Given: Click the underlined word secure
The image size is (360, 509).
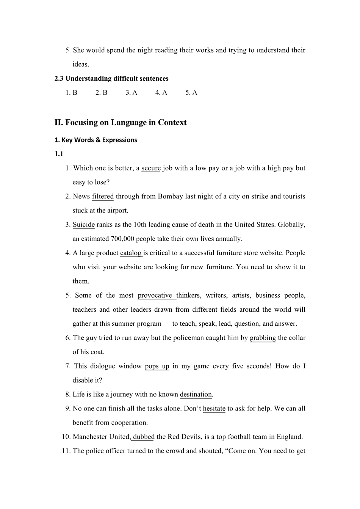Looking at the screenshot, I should tap(151, 168).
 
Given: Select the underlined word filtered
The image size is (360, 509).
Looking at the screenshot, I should tap(103, 197).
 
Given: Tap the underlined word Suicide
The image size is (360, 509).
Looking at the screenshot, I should tap(84, 225).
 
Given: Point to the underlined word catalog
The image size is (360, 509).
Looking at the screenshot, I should tap(131, 253).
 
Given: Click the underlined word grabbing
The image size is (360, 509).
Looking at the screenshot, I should tap(263, 338).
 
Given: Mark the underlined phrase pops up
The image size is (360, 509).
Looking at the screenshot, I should tap(157, 366).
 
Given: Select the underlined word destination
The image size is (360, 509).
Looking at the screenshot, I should tap(196, 394).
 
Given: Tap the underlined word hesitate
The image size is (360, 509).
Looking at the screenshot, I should tap(214, 409).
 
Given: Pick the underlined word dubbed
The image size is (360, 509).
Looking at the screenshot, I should tap(144, 437).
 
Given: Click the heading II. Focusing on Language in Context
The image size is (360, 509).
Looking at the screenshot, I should tap(121, 122).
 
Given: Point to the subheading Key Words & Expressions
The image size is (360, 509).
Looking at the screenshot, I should tap(96, 140).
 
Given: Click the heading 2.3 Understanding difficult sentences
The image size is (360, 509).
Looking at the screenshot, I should tap(111, 78).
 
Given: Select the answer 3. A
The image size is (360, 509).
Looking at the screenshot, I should tap(131, 93).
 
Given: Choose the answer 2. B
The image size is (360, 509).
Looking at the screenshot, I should tap(102, 93).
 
